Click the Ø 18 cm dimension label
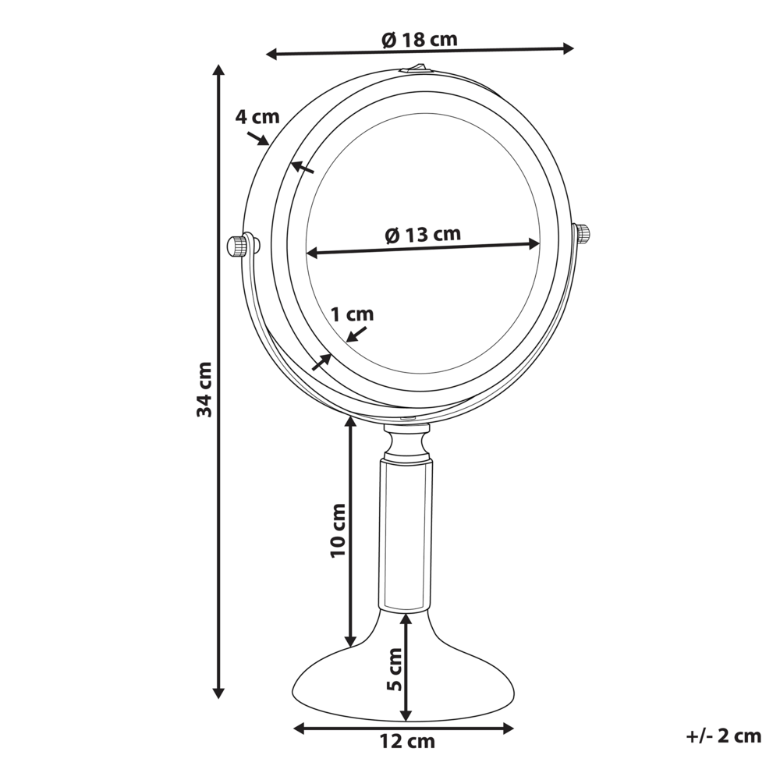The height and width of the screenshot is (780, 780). [420, 39]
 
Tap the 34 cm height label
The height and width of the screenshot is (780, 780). [204, 388]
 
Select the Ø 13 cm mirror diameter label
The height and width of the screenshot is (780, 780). [423, 233]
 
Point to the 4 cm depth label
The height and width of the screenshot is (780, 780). [257, 117]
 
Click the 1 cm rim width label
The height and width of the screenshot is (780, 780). [352, 314]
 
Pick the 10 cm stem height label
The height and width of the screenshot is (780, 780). [337, 530]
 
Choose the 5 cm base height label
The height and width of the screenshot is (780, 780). [395, 669]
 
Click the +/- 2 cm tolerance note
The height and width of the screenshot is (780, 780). [723, 736]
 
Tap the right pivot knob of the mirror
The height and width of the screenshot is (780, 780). [583, 233]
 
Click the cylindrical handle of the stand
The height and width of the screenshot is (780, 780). [404, 534]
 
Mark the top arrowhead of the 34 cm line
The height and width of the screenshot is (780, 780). [219, 70]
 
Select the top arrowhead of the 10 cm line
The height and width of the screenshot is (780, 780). [351, 424]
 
